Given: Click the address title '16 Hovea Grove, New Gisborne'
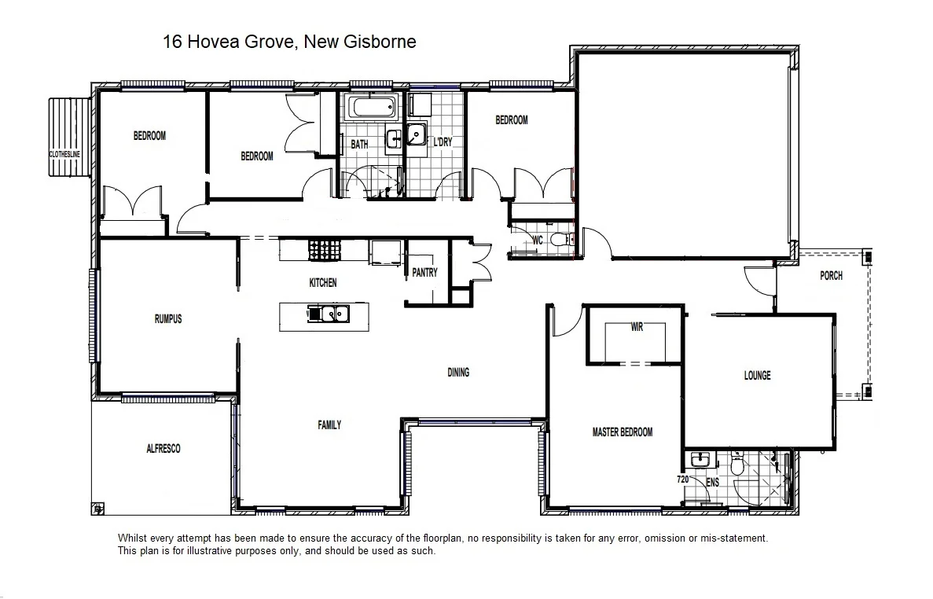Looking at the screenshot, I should click(x=289, y=42).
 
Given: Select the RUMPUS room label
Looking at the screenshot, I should click(x=168, y=319).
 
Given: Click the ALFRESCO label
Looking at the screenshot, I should click(x=163, y=449).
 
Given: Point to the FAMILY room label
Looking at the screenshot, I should click(x=329, y=425).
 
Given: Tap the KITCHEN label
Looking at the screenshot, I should click(x=322, y=283).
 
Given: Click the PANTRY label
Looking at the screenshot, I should click(x=424, y=273).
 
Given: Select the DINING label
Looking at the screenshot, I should click(x=458, y=373).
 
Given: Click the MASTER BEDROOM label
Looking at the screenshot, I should click(x=622, y=432).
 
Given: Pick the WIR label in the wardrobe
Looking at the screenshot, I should click(x=637, y=327).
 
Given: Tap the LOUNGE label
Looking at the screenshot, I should click(x=757, y=376).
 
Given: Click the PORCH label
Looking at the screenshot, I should click(x=831, y=276).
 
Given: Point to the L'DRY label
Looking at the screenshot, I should click(x=443, y=143).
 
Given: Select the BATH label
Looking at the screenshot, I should click(x=359, y=145).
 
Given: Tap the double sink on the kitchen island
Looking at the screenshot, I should click(x=329, y=314).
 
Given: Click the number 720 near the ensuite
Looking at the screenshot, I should click(x=682, y=479).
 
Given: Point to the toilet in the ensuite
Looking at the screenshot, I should click(x=737, y=465).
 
